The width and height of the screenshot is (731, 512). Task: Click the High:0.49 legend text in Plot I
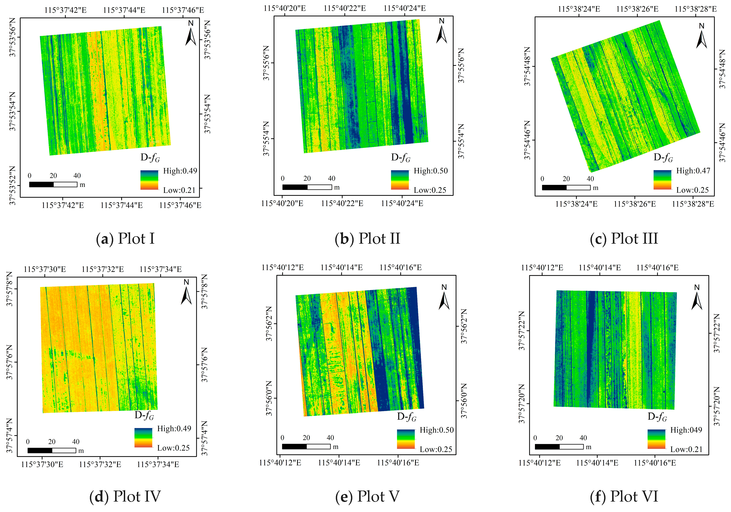tap(180, 171)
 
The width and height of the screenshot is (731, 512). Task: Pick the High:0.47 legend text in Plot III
tap(693, 171)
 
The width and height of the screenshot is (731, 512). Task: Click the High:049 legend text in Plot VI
tap(686, 430)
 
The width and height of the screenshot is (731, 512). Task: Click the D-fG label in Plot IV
tap(144, 415)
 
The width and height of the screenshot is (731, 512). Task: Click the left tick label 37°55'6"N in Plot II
tap(266, 63)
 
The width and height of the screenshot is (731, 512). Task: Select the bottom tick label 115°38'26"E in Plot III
tap(634, 204)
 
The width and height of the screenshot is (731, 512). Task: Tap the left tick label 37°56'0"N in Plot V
tap(269, 398)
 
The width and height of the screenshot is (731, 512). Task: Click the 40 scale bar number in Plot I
tap(77, 176)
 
